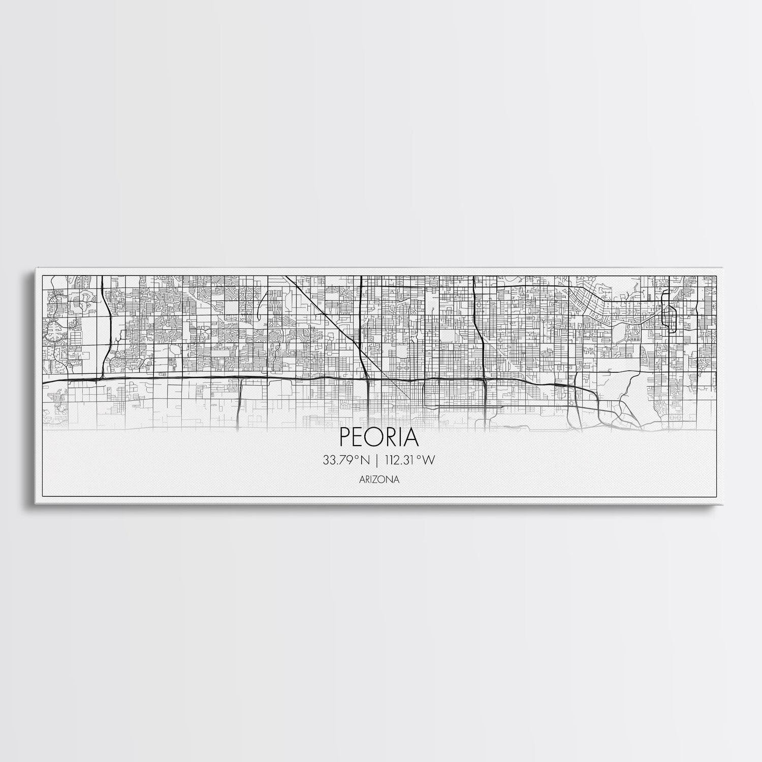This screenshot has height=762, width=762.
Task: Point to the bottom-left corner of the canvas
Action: click(35, 506)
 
